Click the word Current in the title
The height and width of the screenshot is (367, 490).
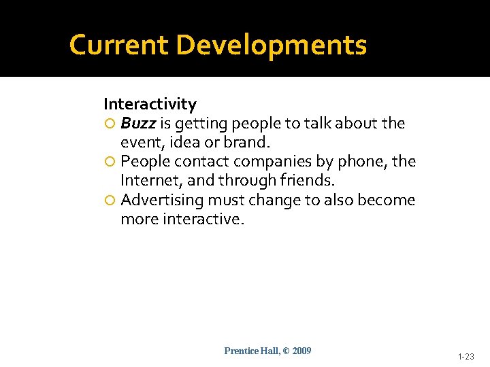(x=119, y=46)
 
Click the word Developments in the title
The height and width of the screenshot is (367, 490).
(x=272, y=46)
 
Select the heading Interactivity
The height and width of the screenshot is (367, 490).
(x=150, y=105)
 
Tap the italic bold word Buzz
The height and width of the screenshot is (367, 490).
(x=138, y=124)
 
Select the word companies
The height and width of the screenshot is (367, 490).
(x=264, y=162)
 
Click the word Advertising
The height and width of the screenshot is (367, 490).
(x=162, y=200)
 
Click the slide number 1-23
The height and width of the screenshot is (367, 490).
(x=466, y=356)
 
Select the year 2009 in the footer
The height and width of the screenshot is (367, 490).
(x=301, y=351)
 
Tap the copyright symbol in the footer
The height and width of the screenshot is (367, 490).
(x=286, y=351)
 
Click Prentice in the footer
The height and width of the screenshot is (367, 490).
(x=240, y=351)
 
